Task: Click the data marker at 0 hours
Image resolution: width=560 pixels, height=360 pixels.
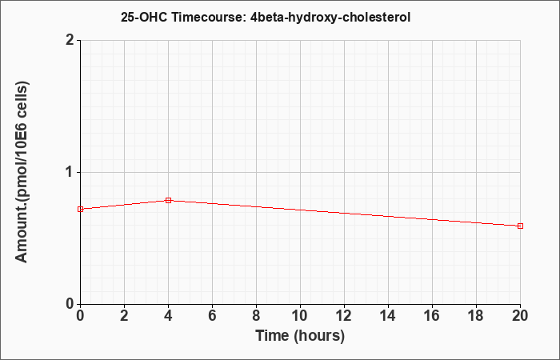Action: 80,209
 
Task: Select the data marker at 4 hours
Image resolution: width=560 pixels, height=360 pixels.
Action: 168,200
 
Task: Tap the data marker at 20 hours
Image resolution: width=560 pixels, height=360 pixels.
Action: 520,226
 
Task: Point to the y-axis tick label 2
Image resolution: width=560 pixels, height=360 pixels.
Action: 70,40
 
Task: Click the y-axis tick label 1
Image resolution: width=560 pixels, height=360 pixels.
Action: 70,173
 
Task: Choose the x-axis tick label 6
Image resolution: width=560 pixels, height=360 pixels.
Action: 212,316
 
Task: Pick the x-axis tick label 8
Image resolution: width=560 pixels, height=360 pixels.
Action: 256,316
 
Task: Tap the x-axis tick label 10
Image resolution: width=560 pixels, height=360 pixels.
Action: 300,316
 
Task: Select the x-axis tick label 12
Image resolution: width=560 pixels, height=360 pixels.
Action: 344,316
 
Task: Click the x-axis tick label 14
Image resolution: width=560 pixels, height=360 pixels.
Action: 388,316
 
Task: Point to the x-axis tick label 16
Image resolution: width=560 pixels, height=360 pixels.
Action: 432,316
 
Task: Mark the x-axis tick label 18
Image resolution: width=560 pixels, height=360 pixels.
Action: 476,316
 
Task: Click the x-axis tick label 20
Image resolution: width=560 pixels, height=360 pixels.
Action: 520,316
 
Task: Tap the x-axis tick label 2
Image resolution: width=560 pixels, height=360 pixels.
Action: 124,316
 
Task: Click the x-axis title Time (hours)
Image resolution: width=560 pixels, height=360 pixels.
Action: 300,336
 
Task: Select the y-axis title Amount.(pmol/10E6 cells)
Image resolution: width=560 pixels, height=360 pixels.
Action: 22,173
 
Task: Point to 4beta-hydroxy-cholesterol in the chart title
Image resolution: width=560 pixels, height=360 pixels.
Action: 330,18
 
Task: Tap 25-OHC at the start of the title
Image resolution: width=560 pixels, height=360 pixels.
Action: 144,17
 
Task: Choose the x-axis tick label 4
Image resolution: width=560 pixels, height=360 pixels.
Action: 168,316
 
